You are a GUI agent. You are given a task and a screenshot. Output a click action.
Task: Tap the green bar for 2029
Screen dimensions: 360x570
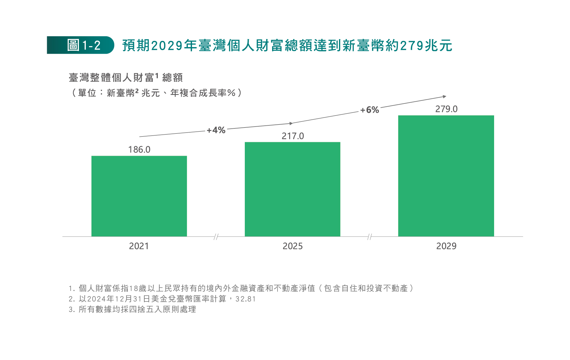446,176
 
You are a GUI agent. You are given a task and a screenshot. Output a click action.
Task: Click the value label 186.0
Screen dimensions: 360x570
139,149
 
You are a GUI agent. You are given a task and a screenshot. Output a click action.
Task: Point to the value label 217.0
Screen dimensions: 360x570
292,136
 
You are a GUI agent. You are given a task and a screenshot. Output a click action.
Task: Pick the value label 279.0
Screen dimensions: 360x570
446,109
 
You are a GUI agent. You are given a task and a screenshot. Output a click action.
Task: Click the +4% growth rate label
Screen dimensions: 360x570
216,130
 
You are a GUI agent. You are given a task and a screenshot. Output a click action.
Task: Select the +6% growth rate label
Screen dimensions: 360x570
370,110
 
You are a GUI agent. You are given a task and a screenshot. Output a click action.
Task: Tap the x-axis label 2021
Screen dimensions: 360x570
139,246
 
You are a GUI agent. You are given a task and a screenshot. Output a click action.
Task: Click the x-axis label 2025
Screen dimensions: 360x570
292,246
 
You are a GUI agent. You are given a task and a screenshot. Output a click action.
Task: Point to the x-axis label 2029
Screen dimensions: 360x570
446,246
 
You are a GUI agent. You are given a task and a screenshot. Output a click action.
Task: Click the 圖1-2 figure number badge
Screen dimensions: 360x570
80,45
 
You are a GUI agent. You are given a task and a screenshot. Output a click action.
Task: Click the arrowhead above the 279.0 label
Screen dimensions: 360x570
445,97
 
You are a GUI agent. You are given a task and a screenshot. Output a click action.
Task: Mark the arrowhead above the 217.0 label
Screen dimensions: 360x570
291,123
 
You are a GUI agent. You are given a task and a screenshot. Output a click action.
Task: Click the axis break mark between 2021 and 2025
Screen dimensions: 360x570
216,237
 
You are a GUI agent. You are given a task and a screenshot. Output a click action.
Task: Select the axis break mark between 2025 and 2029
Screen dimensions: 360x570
370,237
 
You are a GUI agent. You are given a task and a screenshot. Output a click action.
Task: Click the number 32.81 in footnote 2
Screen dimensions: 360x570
245,299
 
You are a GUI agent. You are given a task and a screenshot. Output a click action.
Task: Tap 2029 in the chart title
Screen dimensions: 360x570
167,46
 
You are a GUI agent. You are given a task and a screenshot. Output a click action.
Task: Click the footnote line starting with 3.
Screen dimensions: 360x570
132,309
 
